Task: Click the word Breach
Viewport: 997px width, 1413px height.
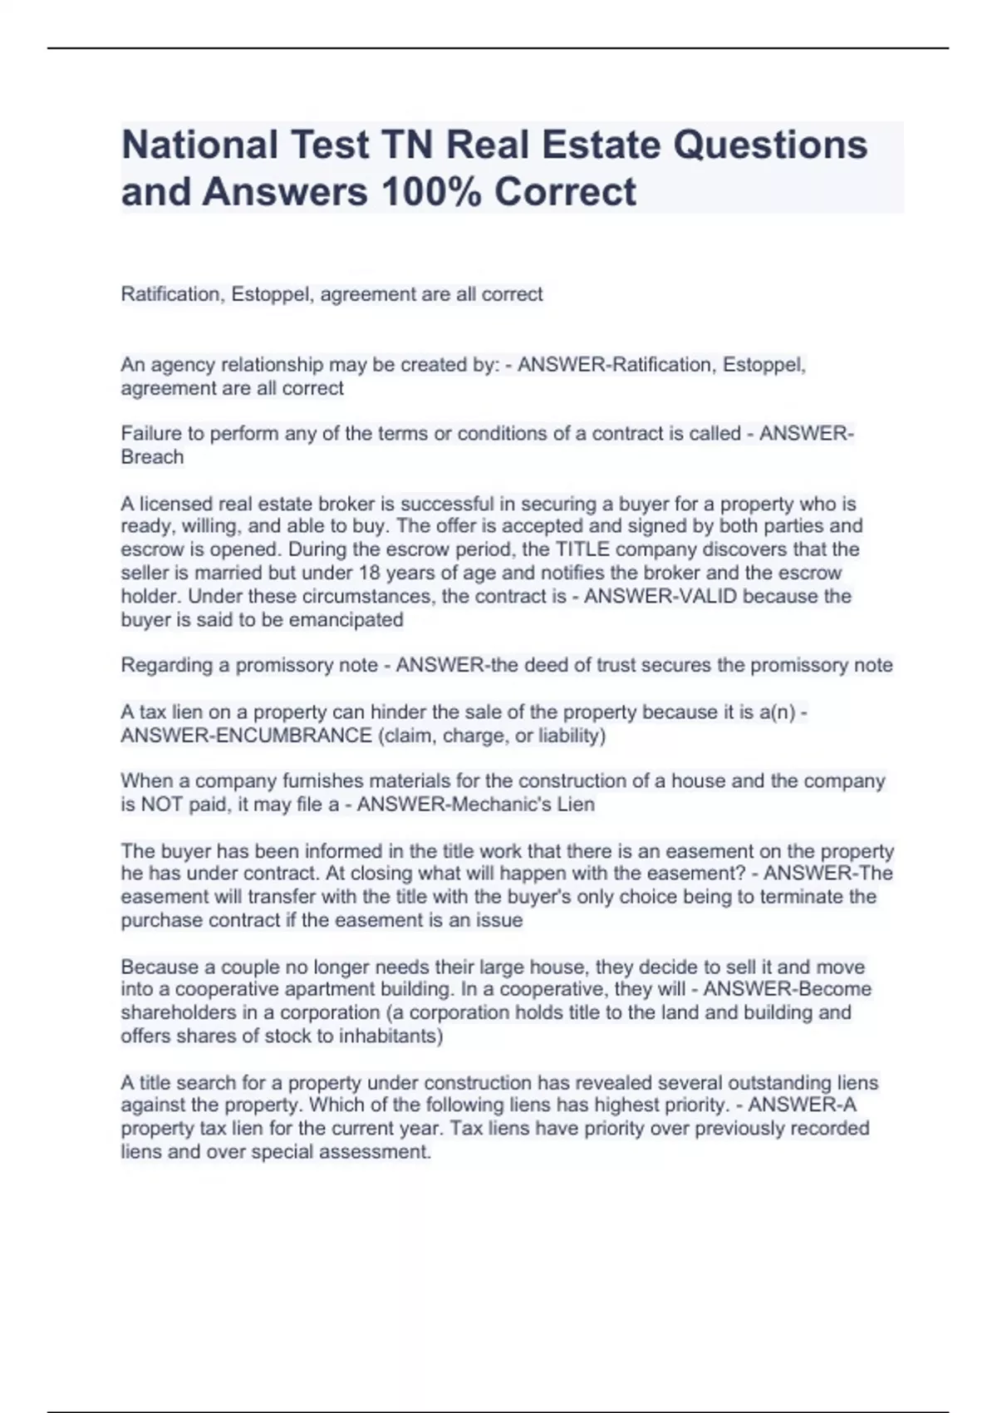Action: [152, 457]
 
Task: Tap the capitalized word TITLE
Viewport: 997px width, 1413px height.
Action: [582, 549]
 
